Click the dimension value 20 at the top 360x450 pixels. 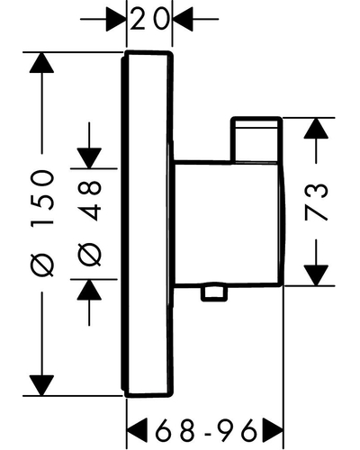[149, 19]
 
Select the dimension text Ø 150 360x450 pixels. [42, 223]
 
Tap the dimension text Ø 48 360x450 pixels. [89, 223]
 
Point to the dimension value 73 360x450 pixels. [316, 202]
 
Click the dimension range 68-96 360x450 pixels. [206, 429]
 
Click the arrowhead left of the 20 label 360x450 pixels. [116, 19]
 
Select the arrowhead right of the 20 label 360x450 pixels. [183, 19]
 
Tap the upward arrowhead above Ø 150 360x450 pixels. [41, 63]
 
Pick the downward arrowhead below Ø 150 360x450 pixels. [41, 385]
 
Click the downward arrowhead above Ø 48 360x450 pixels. [89, 158]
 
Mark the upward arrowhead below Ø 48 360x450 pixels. [89, 290]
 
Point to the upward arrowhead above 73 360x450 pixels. [316, 128]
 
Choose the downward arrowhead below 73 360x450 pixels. [316, 275]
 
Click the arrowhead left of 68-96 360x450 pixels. [138, 429]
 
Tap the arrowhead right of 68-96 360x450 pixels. [273, 429]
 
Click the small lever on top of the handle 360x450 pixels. [256, 139]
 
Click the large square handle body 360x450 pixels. [229, 223]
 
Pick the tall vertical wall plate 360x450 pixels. [148, 224]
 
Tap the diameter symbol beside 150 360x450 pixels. [42, 265]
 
